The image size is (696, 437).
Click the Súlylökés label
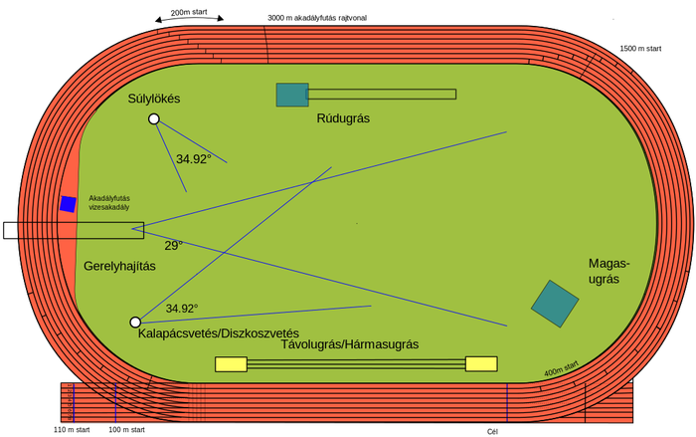[154, 99]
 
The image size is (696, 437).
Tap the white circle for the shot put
[154, 119]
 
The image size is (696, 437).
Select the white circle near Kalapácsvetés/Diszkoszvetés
[135, 323]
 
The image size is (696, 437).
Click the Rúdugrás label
[343, 118]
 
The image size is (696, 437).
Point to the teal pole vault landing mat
[292, 95]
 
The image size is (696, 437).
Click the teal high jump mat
[555, 304]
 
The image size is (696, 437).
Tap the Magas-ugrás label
[609, 272]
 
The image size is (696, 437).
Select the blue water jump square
[68, 204]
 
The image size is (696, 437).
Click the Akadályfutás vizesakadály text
[109, 202]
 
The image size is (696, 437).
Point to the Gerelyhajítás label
[119, 267]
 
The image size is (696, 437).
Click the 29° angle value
[173, 245]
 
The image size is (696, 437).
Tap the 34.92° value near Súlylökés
[194, 159]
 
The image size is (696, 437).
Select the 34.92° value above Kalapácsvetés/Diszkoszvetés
[182, 309]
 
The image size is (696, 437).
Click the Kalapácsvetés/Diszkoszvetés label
[219, 333]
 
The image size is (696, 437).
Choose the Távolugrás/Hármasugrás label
[350, 344]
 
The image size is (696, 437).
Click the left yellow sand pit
[231, 364]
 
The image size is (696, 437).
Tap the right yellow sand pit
[481, 364]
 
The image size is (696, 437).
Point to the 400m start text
[561, 367]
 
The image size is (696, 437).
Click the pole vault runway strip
[382, 95]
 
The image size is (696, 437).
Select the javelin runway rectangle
[99, 230]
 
